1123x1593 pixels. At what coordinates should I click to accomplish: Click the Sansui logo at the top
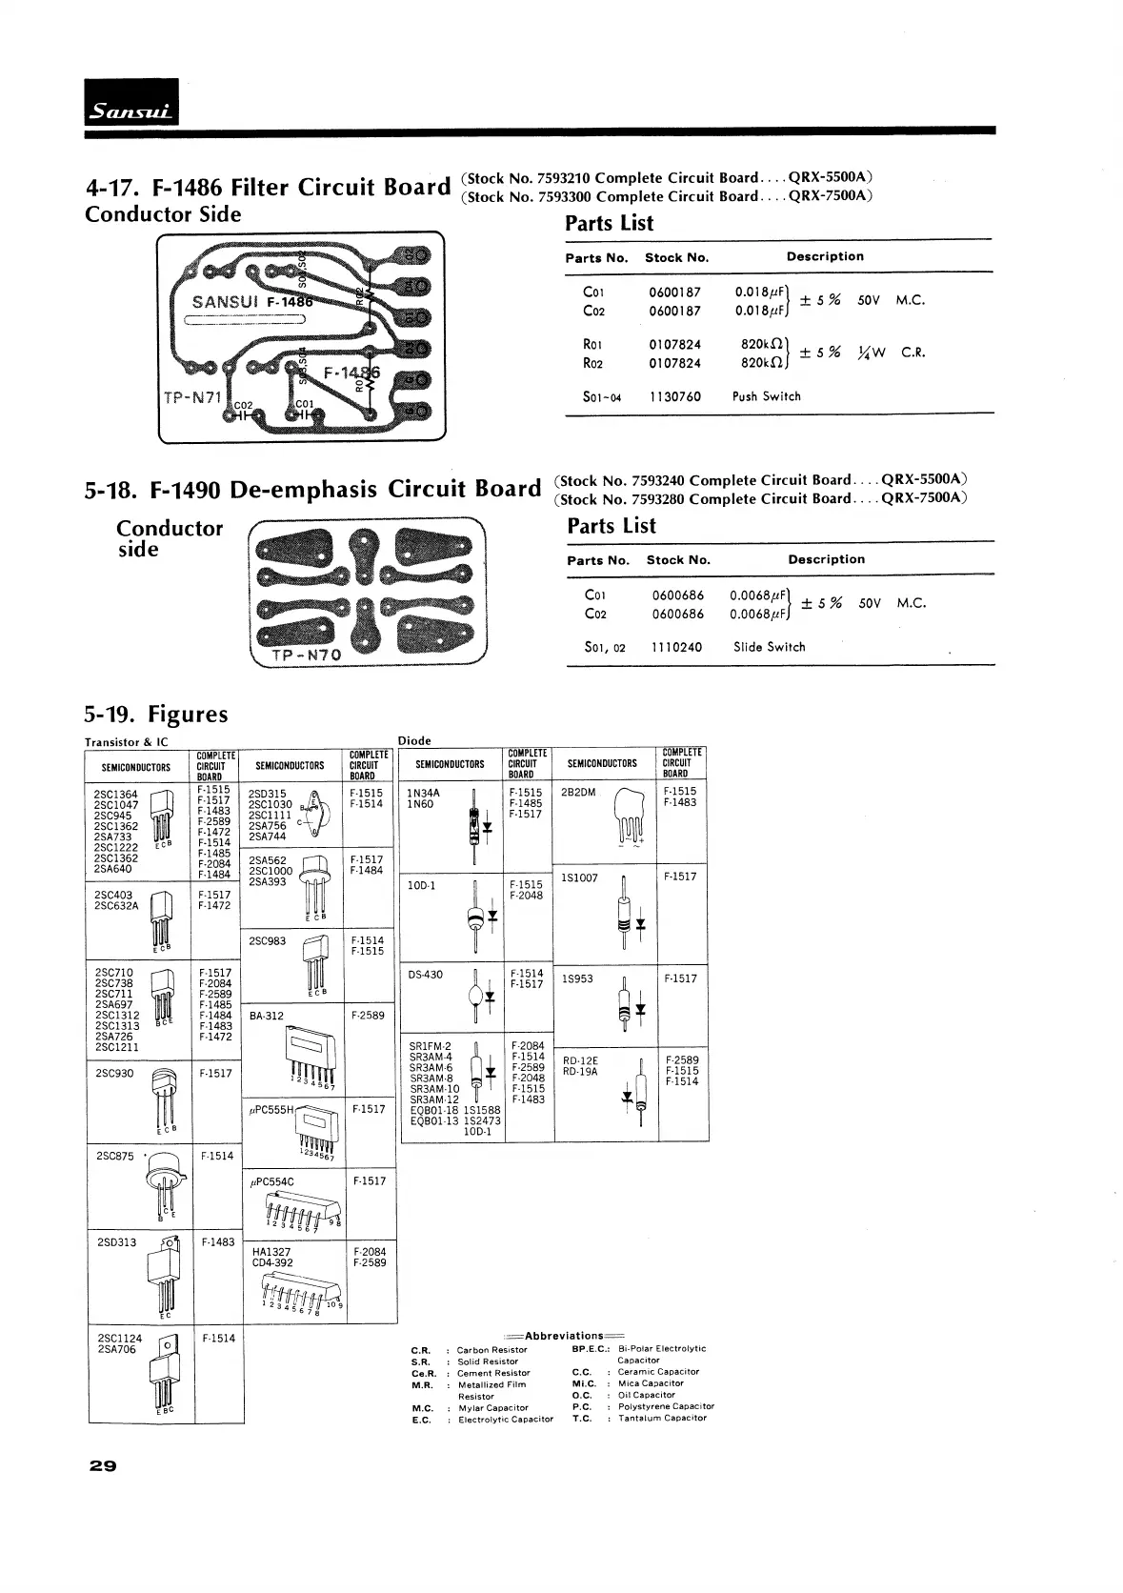click(x=131, y=103)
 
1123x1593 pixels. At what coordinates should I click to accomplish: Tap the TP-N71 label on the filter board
click(x=191, y=396)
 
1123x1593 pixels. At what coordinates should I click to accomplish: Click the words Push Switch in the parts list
click(x=766, y=396)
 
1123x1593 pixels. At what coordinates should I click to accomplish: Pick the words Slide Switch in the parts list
click(x=769, y=647)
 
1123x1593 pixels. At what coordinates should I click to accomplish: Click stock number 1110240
click(x=676, y=647)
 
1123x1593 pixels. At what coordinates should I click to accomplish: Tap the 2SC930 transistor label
click(x=115, y=1074)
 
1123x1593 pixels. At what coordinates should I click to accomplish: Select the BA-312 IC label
click(x=266, y=1016)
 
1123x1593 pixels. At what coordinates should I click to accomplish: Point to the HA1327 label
click(x=271, y=1252)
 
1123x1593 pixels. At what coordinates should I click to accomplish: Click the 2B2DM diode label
click(x=578, y=792)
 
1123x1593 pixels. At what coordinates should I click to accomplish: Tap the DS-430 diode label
click(x=425, y=975)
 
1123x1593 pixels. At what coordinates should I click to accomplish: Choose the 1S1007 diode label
click(x=580, y=877)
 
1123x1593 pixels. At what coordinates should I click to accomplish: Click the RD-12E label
click(x=580, y=1060)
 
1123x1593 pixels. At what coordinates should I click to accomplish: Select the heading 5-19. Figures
click(x=156, y=715)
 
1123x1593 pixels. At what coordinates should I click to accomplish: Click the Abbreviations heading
click(x=564, y=1335)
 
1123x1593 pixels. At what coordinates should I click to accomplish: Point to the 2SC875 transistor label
click(x=115, y=1156)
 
